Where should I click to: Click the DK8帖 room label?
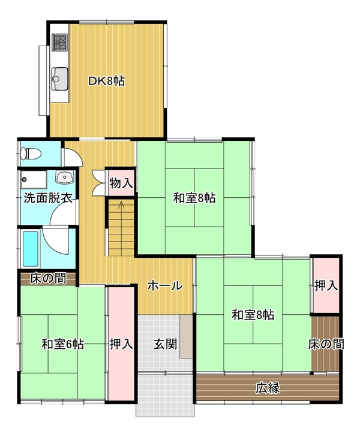pyautogui.click(x=107, y=81)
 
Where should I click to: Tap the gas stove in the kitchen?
pyautogui.click(x=60, y=42)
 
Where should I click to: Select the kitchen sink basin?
pyautogui.click(x=59, y=79)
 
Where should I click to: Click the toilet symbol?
pyautogui.click(x=31, y=154)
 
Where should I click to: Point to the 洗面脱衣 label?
pyautogui.click(x=48, y=198)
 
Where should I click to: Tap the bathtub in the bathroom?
pyautogui.click(x=30, y=249)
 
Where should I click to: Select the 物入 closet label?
pyautogui.click(x=121, y=183)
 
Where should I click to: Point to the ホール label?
pyautogui.click(x=165, y=286)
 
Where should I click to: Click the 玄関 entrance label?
pyautogui.click(x=166, y=344)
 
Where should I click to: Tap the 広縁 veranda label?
pyautogui.click(x=268, y=388)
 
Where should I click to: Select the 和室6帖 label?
pyautogui.click(x=62, y=344)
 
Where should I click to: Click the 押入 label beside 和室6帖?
pyautogui.click(x=121, y=344)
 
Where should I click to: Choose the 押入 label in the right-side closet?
pyautogui.click(x=326, y=286)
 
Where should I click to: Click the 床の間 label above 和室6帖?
pyautogui.click(x=48, y=278)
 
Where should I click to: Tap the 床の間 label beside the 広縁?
pyautogui.click(x=326, y=344)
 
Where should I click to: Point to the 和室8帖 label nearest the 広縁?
pyautogui.click(x=253, y=315)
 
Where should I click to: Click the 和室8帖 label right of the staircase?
pyautogui.click(x=194, y=198)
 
